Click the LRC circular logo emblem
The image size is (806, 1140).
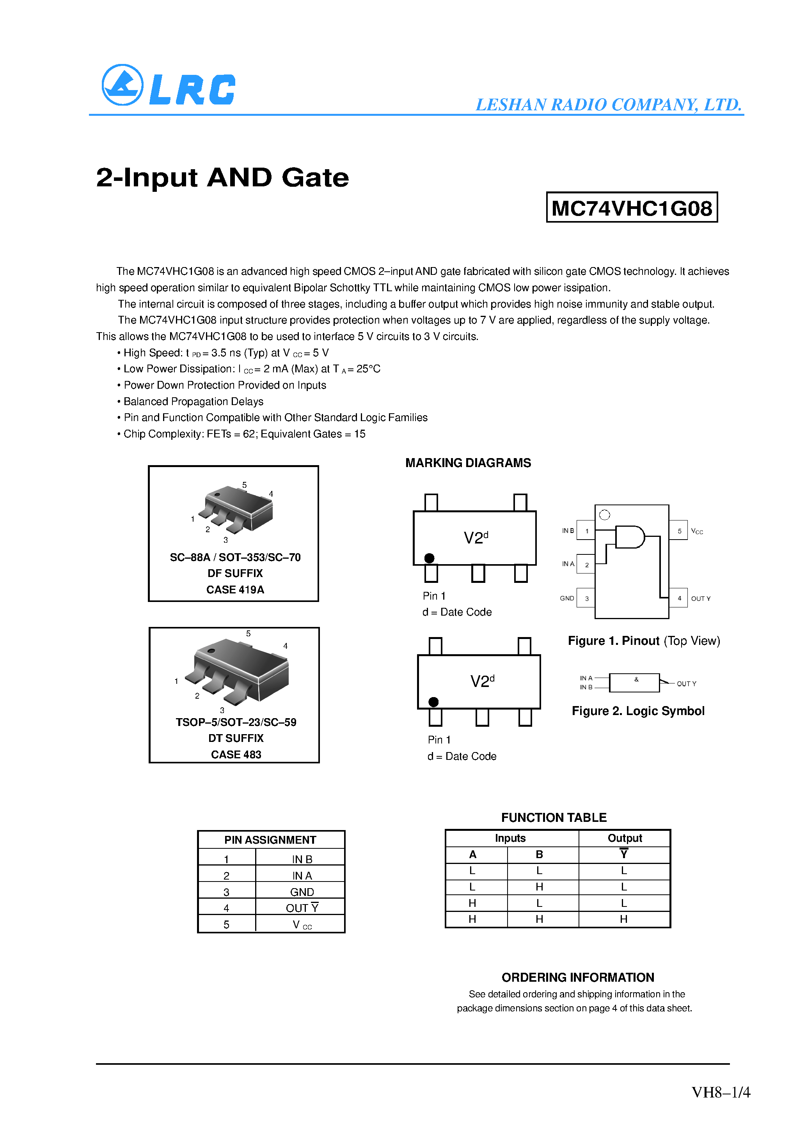pyautogui.click(x=122, y=85)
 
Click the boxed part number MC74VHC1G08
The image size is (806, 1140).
pyautogui.click(x=632, y=207)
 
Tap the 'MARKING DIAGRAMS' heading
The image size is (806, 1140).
pyautogui.click(x=468, y=463)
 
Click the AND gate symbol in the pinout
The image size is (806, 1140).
pyautogui.click(x=629, y=537)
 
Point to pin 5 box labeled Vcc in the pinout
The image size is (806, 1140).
pyautogui.click(x=679, y=531)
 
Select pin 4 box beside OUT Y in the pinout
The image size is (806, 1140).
pyautogui.click(x=679, y=598)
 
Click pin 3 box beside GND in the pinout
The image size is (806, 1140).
pyautogui.click(x=586, y=598)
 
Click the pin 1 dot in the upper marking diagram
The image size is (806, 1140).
pyautogui.click(x=430, y=558)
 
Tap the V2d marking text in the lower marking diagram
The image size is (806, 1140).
pyautogui.click(x=482, y=681)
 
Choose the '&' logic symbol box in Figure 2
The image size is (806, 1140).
pyautogui.click(x=635, y=683)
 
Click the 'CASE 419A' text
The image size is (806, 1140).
pyautogui.click(x=235, y=589)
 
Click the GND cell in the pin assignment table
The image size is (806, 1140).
pyautogui.click(x=302, y=892)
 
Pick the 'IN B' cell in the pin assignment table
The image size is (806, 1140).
pyautogui.click(x=302, y=859)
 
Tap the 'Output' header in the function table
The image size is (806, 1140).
pyautogui.click(x=624, y=838)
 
